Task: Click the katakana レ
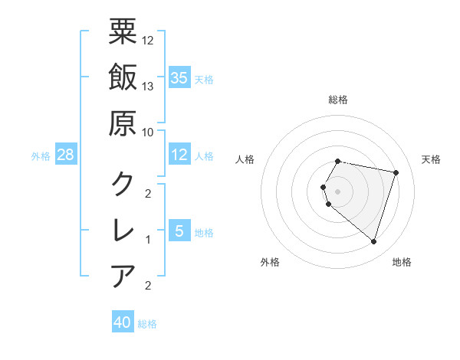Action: pos(123,229)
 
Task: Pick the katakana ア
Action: pos(123,275)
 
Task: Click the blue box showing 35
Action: pos(179,77)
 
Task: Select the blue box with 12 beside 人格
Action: pos(179,155)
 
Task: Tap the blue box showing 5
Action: pos(179,231)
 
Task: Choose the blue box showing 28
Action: pos(66,155)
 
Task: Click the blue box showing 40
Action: pos(123,322)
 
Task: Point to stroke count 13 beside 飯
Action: pos(148,86)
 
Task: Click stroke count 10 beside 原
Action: pos(148,132)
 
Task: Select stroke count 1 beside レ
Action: pos(148,239)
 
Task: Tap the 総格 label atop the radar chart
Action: pos(338,100)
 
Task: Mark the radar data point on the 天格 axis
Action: pos(396,172)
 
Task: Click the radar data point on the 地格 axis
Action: pos(373,242)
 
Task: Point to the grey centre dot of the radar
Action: pos(338,191)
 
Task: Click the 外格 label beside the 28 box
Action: pos(41,156)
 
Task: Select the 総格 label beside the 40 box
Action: pos(147,324)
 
